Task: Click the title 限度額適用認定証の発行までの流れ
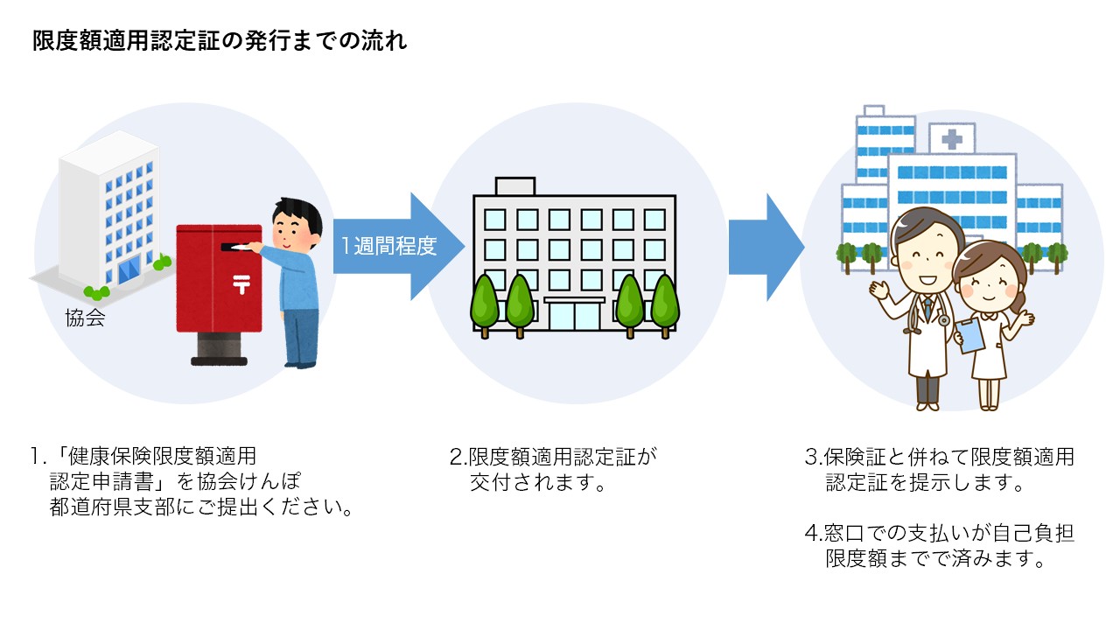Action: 220,41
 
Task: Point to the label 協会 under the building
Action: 85,318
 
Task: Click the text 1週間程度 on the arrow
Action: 388,247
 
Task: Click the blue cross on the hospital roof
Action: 952,139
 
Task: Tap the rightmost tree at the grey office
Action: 664,302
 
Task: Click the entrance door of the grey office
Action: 574,317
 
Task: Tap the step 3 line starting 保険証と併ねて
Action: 939,457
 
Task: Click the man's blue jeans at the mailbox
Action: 300,337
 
